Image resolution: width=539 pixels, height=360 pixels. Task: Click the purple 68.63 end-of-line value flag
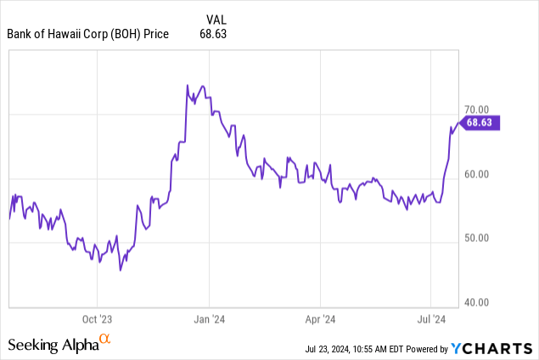click(485, 122)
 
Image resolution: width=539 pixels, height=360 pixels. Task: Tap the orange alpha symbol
click(105, 340)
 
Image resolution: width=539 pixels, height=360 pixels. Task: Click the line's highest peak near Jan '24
click(187, 85)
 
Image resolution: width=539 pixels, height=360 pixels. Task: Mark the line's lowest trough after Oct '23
click(121, 270)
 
